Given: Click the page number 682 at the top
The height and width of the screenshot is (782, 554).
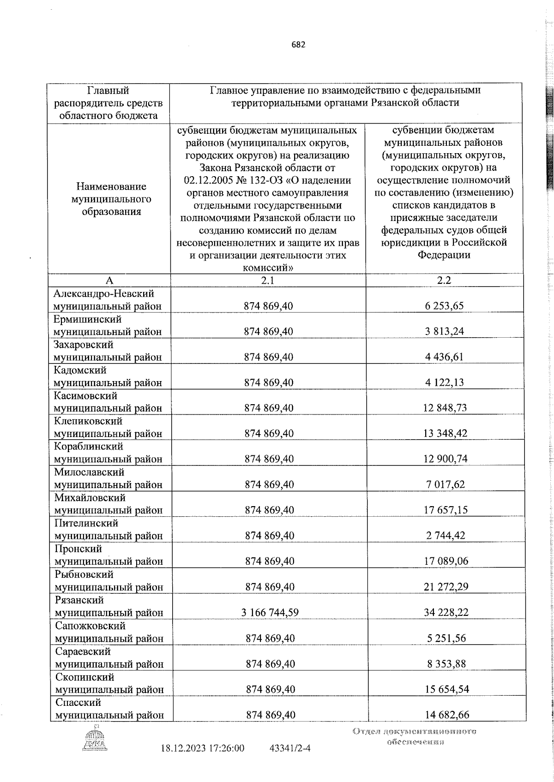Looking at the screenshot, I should pyautogui.click(x=299, y=45).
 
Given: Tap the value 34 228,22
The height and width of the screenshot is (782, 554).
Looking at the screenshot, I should pyautogui.click(x=445, y=613).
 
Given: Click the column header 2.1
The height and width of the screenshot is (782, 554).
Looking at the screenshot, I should pyautogui.click(x=268, y=280).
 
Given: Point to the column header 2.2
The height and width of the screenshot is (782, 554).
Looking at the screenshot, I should pyautogui.click(x=444, y=280).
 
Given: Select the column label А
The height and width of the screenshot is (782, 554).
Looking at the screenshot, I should pyautogui.click(x=109, y=280).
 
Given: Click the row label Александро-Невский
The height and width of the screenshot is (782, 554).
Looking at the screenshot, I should pyautogui.click(x=104, y=294).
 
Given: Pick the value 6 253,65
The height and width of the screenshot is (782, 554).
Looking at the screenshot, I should pyautogui.click(x=445, y=305).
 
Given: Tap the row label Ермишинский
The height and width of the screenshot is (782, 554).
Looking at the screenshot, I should pyautogui.click(x=87, y=319).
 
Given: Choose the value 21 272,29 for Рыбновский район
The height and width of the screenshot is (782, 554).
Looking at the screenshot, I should pyautogui.click(x=445, y=587).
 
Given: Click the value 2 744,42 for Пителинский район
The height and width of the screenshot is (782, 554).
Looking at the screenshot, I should pyautogui.click(x=445, y=536).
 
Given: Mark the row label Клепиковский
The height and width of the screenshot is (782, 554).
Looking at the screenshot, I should pyautogui.click(x=88, y=421).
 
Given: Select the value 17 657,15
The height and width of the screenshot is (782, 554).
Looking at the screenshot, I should pyautogui.click(x=445, y=510).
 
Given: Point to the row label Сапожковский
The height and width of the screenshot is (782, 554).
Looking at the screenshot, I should pyautogui.click(x=90, y=626).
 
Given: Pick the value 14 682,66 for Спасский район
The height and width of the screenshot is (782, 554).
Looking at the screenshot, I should pyautogui.click(x=445, y=715).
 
